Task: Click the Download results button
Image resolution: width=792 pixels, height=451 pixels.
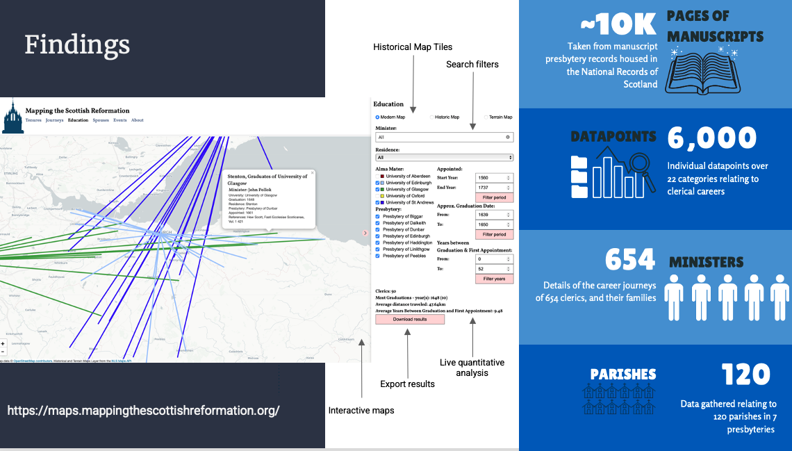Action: (410, 319)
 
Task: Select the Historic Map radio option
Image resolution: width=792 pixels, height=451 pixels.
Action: (431, 117)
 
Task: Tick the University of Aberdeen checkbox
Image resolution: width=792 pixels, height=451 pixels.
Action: (378, 177)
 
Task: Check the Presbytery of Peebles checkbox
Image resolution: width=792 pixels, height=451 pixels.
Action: (378, 256)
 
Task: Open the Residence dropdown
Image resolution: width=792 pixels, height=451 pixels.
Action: (445, 158)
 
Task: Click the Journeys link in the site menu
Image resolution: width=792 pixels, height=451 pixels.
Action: (54, 120)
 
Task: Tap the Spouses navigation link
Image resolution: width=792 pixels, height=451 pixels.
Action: (100, 120)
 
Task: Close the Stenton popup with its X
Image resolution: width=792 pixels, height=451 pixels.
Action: (312, 172)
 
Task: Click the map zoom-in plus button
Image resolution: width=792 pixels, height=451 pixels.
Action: (3, 343)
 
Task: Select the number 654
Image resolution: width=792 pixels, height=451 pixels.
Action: (629, 260)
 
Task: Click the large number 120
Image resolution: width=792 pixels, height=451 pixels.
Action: (745, 375)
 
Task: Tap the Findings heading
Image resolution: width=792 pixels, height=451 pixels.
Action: (77, 45)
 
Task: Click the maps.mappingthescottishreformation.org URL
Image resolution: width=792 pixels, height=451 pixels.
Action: (143, 410)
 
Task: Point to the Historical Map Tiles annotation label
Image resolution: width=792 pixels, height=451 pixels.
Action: (413, 47)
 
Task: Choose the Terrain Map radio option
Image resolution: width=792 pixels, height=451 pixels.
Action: (486, 117)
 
